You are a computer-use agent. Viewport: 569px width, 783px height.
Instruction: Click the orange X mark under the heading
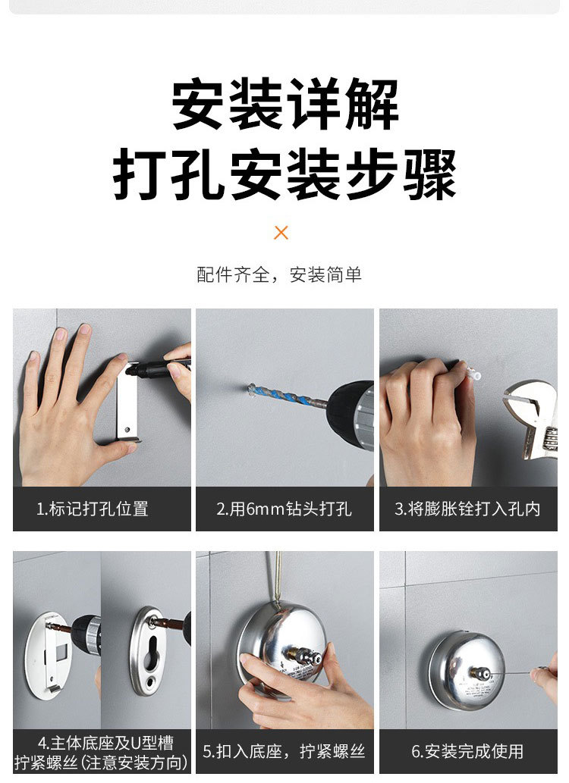click(281, 233)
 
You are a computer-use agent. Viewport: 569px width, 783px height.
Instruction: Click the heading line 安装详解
click(284, 105)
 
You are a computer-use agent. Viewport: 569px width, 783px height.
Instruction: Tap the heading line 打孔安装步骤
click(284, 174)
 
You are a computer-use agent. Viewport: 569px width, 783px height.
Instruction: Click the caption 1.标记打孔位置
click(102, 509)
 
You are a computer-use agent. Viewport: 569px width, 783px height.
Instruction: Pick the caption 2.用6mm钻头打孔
click(284, 509)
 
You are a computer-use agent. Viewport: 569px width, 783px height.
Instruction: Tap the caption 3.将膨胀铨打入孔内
click(467, 509)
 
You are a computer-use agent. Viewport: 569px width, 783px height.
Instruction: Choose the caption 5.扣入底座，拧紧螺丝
click(284, 751)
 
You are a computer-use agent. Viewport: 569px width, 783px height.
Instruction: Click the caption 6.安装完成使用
click(467, 751)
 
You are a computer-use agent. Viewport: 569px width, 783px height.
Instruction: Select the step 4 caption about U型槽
click(102, 751)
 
